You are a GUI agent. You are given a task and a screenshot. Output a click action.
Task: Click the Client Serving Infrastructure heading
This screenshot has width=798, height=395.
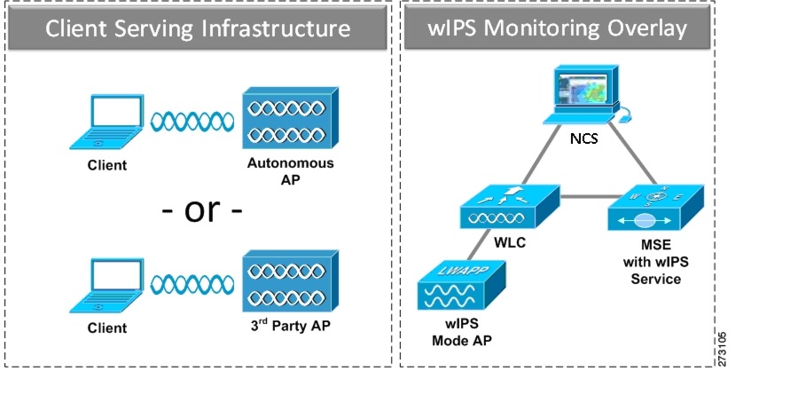[x=198, y=28]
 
